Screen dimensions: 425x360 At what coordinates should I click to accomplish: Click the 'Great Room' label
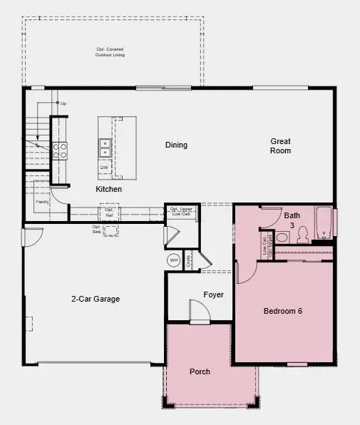click(x=280, y=146)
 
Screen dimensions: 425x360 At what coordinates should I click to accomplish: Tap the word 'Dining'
click(x=176, y=145)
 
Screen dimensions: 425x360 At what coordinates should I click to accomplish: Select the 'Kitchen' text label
click(x=109, y=190)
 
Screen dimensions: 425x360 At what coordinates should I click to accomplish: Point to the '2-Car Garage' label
click(x=95, y=299)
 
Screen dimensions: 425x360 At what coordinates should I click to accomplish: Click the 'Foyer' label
click(x=213, y=295)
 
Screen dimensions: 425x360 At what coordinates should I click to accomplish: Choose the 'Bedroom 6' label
click(x=283, y=311)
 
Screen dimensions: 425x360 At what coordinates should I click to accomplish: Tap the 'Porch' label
click(x=200, y=372)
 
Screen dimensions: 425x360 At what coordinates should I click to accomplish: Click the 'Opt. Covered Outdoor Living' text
click(x=110, y=52)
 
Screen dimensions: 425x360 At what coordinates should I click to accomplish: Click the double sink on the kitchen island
click(x=105, y=147)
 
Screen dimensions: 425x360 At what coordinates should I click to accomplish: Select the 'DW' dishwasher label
click(x=105, y=168)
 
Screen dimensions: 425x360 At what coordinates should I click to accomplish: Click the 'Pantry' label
click(x=41, y=202)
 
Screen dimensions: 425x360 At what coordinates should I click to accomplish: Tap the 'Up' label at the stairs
click(x=63, y=103)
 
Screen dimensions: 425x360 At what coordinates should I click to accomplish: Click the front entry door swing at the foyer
click(x=197, y=311)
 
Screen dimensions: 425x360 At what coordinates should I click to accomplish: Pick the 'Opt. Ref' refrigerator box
click(x=109, y=211)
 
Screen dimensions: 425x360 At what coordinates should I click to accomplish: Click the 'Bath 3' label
click(x=292, y=220)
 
